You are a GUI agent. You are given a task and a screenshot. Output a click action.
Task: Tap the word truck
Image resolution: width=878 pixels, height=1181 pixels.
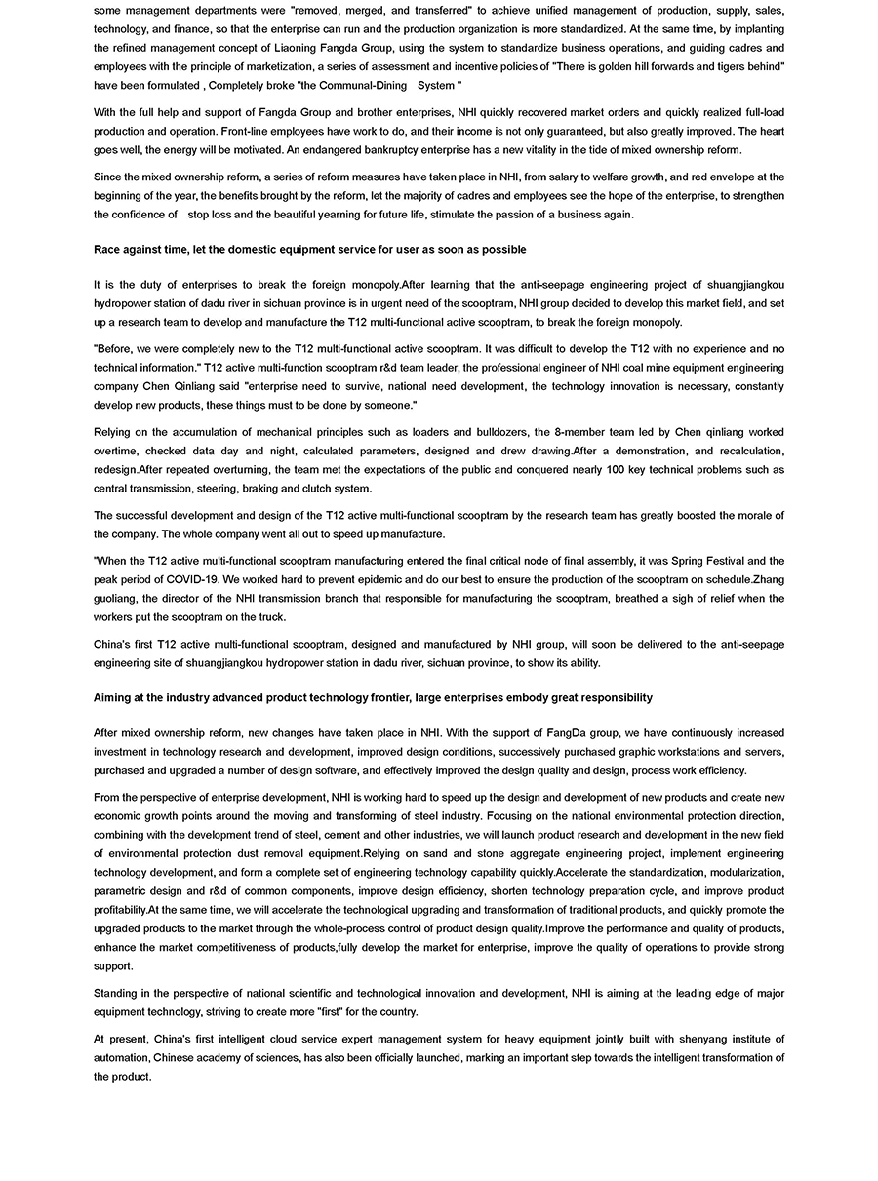pos(272,617)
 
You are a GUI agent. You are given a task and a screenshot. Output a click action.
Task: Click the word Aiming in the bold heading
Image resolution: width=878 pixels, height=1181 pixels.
pos(111,697)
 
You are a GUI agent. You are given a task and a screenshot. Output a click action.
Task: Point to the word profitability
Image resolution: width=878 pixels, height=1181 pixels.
pos(123,910)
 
